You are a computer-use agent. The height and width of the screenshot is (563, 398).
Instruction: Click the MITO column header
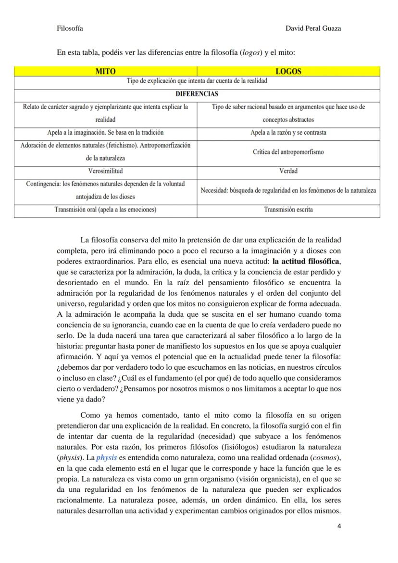tap(105, 71)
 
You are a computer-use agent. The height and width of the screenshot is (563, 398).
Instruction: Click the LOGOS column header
tap(288, 71)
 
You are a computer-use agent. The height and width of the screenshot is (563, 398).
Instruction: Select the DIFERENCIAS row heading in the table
tap(197, 94)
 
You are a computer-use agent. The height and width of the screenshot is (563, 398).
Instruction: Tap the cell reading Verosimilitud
tap(105, 171)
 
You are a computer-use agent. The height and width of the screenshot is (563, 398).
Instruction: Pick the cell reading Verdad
tap(288, 171)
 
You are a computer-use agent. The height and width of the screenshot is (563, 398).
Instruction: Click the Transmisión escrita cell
tap(288, 210)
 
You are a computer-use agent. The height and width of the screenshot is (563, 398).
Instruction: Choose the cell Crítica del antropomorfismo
tap(288, 152)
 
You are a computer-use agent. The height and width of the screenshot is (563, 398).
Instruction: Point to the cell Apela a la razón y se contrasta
tap(288, 132)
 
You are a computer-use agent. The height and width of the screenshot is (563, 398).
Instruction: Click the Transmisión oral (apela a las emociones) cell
tap(105, 210)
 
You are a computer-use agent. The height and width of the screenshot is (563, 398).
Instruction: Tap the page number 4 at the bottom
tap(339, 526)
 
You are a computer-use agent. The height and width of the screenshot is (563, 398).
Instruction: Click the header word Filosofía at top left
tap(70, 28)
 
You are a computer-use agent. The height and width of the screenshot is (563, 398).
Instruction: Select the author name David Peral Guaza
tap(313, 28)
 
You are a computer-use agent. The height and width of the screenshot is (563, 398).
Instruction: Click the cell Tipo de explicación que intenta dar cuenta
tap(197, 81)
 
